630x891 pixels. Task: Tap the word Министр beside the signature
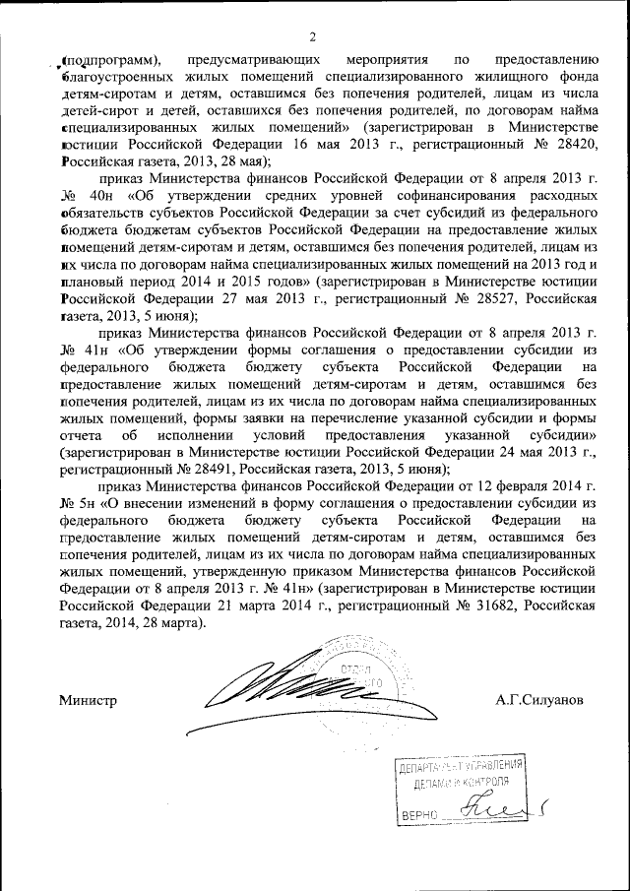[x=88, y=700]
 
